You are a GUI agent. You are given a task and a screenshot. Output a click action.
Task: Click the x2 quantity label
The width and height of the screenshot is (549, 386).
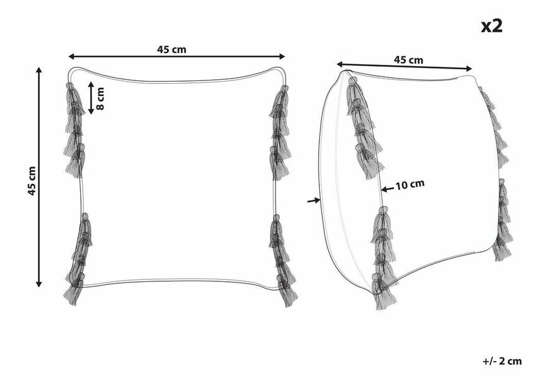[492, 26]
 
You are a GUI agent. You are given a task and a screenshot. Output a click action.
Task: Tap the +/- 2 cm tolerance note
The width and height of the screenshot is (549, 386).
[502, 361]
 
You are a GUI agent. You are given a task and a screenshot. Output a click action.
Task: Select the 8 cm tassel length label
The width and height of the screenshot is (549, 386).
[100, 99]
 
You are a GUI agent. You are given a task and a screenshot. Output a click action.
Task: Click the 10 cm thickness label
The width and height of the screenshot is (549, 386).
[410, 184]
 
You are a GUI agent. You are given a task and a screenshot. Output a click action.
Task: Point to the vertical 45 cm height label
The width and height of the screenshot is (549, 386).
[32, 181]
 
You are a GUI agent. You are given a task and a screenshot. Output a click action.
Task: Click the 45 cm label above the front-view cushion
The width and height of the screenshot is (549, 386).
[172, 49]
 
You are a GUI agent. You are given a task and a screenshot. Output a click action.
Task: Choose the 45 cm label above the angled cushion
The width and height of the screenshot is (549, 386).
[408, 60]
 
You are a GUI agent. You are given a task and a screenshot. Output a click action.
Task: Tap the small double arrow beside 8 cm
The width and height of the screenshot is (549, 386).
[91, 98]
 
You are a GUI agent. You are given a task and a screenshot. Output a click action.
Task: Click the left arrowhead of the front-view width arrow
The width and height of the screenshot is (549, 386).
[72, 57]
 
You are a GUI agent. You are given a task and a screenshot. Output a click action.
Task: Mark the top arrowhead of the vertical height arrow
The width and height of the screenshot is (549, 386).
[39, 70]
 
